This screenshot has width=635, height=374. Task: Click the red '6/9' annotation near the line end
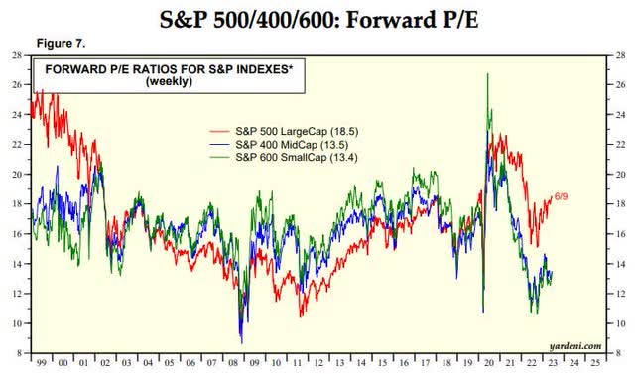563,196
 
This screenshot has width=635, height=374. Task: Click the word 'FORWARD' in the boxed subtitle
70,69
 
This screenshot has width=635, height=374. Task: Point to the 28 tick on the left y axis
17,55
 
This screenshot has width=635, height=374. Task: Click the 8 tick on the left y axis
19,352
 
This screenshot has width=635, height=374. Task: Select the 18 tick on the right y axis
621,203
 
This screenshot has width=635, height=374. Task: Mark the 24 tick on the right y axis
621,114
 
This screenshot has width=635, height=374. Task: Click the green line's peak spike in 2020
487,74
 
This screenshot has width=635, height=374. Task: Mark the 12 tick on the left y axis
17,293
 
